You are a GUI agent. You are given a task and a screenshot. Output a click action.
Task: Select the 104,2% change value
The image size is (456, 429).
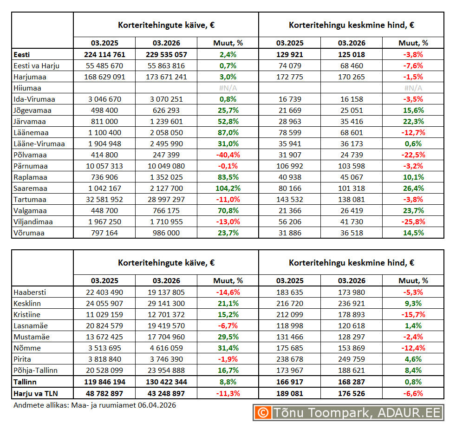point(228,188)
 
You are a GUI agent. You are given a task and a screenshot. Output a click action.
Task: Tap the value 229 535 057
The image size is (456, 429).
point(166,55)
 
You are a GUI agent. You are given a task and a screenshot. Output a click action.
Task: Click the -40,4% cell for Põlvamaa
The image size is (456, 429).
point(228,155)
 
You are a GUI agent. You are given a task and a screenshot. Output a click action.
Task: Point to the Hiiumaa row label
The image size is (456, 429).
point(27,88)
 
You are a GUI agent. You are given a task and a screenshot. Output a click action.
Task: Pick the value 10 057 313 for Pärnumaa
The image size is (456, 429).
point(104,166)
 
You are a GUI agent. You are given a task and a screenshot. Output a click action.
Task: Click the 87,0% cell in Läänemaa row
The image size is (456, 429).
point(228,133)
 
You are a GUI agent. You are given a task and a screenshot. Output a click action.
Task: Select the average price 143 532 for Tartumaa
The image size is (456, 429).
point(289,200)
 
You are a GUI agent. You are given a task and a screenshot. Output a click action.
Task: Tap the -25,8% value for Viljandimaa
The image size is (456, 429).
point(413,222)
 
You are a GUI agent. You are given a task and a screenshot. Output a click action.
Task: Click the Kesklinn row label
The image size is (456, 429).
point(27,304)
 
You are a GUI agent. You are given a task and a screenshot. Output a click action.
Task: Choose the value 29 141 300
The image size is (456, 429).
point(166,304)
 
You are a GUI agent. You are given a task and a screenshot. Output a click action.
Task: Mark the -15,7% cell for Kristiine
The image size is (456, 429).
point(413,315)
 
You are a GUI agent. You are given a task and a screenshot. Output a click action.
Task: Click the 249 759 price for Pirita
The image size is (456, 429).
point(352,359)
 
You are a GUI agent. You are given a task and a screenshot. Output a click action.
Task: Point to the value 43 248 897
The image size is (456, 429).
point(166,393)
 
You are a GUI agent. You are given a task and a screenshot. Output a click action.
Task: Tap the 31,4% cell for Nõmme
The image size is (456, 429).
point(228,348)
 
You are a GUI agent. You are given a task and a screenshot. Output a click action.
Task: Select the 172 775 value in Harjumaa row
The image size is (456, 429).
point(289,77)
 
